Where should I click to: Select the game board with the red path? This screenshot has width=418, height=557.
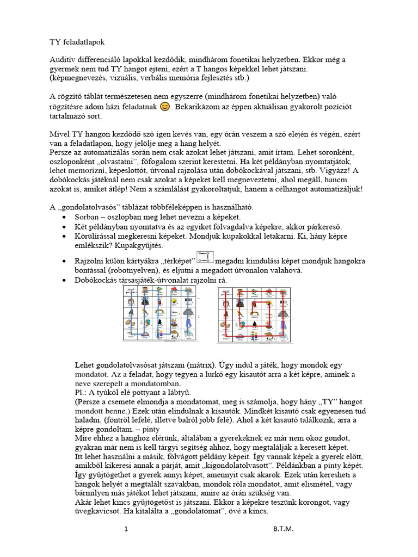coord(254,315)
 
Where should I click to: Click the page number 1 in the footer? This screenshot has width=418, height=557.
coord(126,528)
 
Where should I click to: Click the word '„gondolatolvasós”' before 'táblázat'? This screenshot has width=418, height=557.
coord(87,207)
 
